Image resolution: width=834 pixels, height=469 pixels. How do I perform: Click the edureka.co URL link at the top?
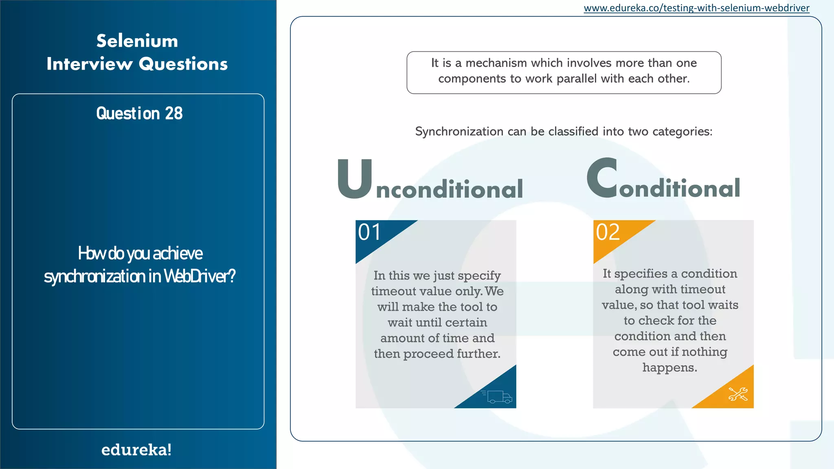click(696, 8)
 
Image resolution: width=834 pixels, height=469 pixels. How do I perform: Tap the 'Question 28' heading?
click(139, 114)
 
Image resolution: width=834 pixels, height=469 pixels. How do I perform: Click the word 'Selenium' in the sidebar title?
click(137, 41)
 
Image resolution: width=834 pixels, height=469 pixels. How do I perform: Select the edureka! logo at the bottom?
click(136, 450)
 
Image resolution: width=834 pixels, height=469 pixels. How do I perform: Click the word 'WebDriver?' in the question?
click(200, 276)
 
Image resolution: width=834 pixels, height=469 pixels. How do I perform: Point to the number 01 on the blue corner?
click(370, 232)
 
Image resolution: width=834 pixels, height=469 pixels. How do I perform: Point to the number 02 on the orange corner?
click(608, 232)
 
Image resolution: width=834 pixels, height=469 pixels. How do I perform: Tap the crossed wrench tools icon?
click(738, 394)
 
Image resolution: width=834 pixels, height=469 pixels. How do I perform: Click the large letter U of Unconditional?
click(355, 179)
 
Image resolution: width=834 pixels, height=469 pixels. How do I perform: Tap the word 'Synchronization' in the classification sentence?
click(459, 131)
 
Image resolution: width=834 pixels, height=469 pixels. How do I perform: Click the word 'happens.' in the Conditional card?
click(670, 368)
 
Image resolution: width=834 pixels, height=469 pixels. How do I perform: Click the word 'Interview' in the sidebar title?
click(90, 64)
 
